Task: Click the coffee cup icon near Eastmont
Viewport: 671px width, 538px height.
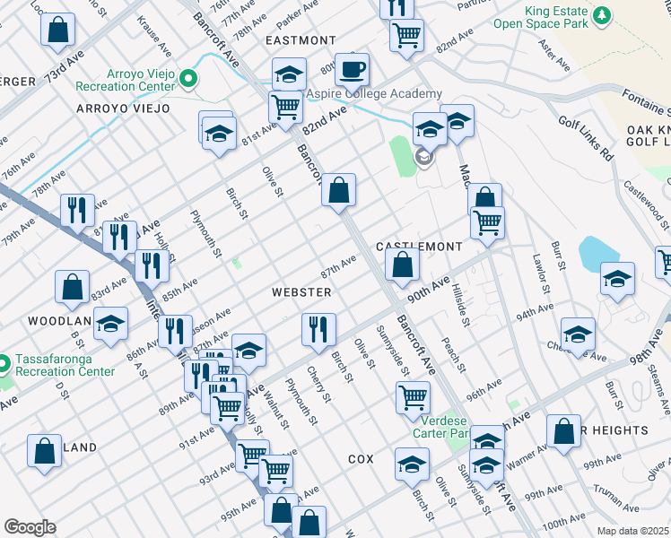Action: point(353,68)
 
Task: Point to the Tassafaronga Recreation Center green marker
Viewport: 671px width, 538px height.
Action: point(4,363)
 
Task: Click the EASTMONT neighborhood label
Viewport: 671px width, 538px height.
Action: point(300,40)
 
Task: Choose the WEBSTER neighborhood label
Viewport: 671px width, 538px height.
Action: point(302,292)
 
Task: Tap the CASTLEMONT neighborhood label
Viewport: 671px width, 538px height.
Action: point(419,246)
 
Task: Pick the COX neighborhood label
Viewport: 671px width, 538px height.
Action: point(361,458)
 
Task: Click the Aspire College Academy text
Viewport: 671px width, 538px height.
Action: point(374,94)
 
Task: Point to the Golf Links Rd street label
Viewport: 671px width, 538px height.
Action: point(584,137)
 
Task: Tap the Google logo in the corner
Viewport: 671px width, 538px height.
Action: point(30,526)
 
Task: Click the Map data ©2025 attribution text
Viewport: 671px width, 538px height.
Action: point(632,531)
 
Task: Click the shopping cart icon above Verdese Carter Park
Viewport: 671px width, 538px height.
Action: point(413,396)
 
